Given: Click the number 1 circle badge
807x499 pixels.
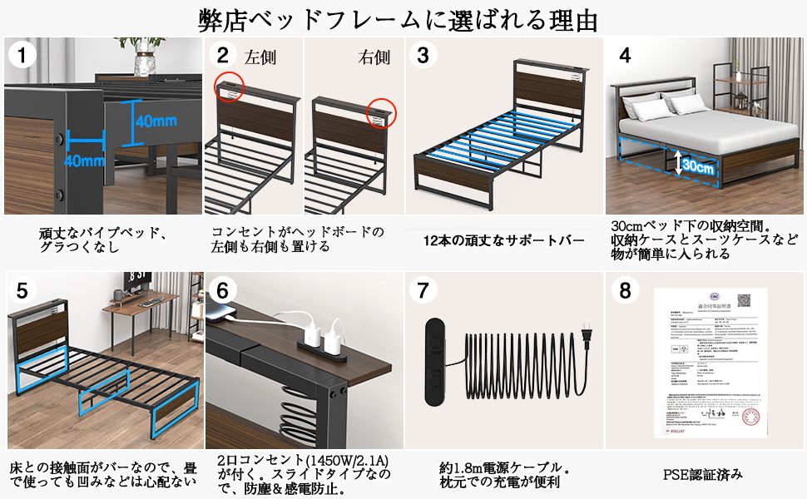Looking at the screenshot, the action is (23, 57).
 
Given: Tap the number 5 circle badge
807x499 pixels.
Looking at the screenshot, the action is (23, 290).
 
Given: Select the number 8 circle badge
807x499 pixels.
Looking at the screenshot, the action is (625, 290).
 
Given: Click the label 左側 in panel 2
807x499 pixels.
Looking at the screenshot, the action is (260, 58).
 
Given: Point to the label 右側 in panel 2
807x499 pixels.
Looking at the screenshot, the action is (374, 58).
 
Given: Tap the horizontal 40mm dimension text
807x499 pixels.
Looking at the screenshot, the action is (83, 161).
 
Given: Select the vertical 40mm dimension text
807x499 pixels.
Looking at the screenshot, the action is (156, 121).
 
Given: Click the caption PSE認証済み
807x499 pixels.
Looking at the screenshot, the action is (703, 475).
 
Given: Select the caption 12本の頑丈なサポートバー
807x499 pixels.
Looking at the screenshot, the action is (504, 241).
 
